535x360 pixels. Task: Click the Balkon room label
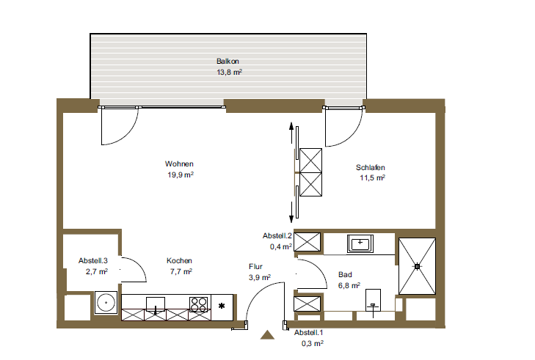(x=228, y=62)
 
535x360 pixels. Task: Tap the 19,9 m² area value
(x=181, y=175)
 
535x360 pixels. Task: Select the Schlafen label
(x=370, y=167)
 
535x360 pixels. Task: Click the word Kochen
(x=179, y=261)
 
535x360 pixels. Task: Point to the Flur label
(x=255, y=267)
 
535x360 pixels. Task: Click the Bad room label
(x=345, y=274)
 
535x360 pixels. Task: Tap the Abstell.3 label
(x=92, y=261)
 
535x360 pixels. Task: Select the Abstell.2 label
(x=277, y=235)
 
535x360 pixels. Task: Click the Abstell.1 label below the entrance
(x=308, y=332)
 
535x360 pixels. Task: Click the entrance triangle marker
(x=267, y=335)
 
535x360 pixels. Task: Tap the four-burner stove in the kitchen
(x=199, y=304)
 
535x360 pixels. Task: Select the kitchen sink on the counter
(x=156, y=304)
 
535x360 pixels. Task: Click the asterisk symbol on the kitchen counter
(x=222, y=306)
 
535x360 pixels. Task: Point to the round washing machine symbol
(x=106, y=302)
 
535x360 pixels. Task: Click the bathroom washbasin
(x=360, y=243)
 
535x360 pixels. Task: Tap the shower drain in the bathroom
(x=417, y=266)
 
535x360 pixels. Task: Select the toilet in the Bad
(x=373, y=301)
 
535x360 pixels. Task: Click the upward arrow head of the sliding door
(x=291, y=126)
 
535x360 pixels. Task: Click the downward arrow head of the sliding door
(x=291, y=219)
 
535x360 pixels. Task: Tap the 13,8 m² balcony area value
(x=229, y=72)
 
